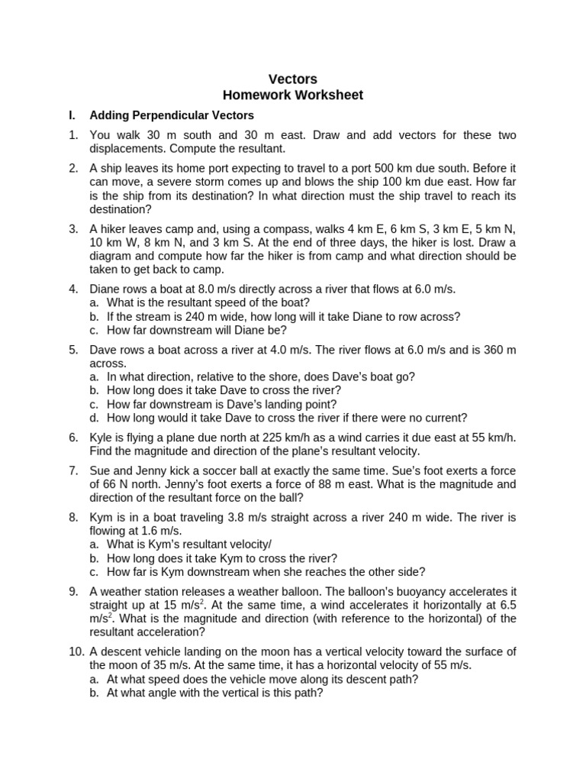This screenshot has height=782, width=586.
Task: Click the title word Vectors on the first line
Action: click(x=293, y=79)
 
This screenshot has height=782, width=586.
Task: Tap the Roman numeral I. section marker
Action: click(x=72, y=115)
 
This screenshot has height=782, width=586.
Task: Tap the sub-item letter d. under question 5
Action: click(x=94, y=418)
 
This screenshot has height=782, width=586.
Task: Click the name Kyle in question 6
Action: click(x=101, y=437)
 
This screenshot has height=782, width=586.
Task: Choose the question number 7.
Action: click(x=72, y=470)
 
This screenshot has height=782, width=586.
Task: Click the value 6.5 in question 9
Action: click(x=504, y=605)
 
